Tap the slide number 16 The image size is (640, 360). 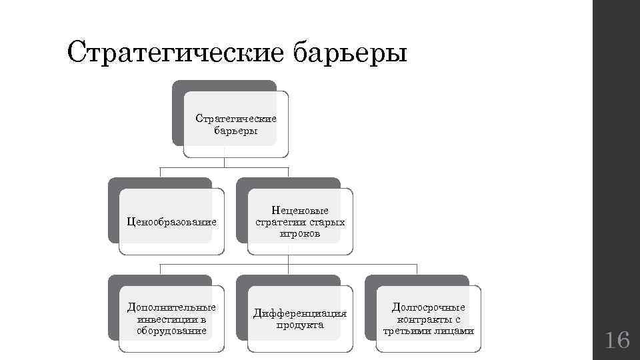[617, 341]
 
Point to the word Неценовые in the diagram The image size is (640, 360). [300, 211]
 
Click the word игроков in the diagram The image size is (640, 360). [300, 234]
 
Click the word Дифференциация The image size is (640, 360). [300, 313]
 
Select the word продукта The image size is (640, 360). [300, 325]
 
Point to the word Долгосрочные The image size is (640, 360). [429, 307]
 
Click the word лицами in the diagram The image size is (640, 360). [457, 331]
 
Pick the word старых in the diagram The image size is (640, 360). [326, 222]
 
